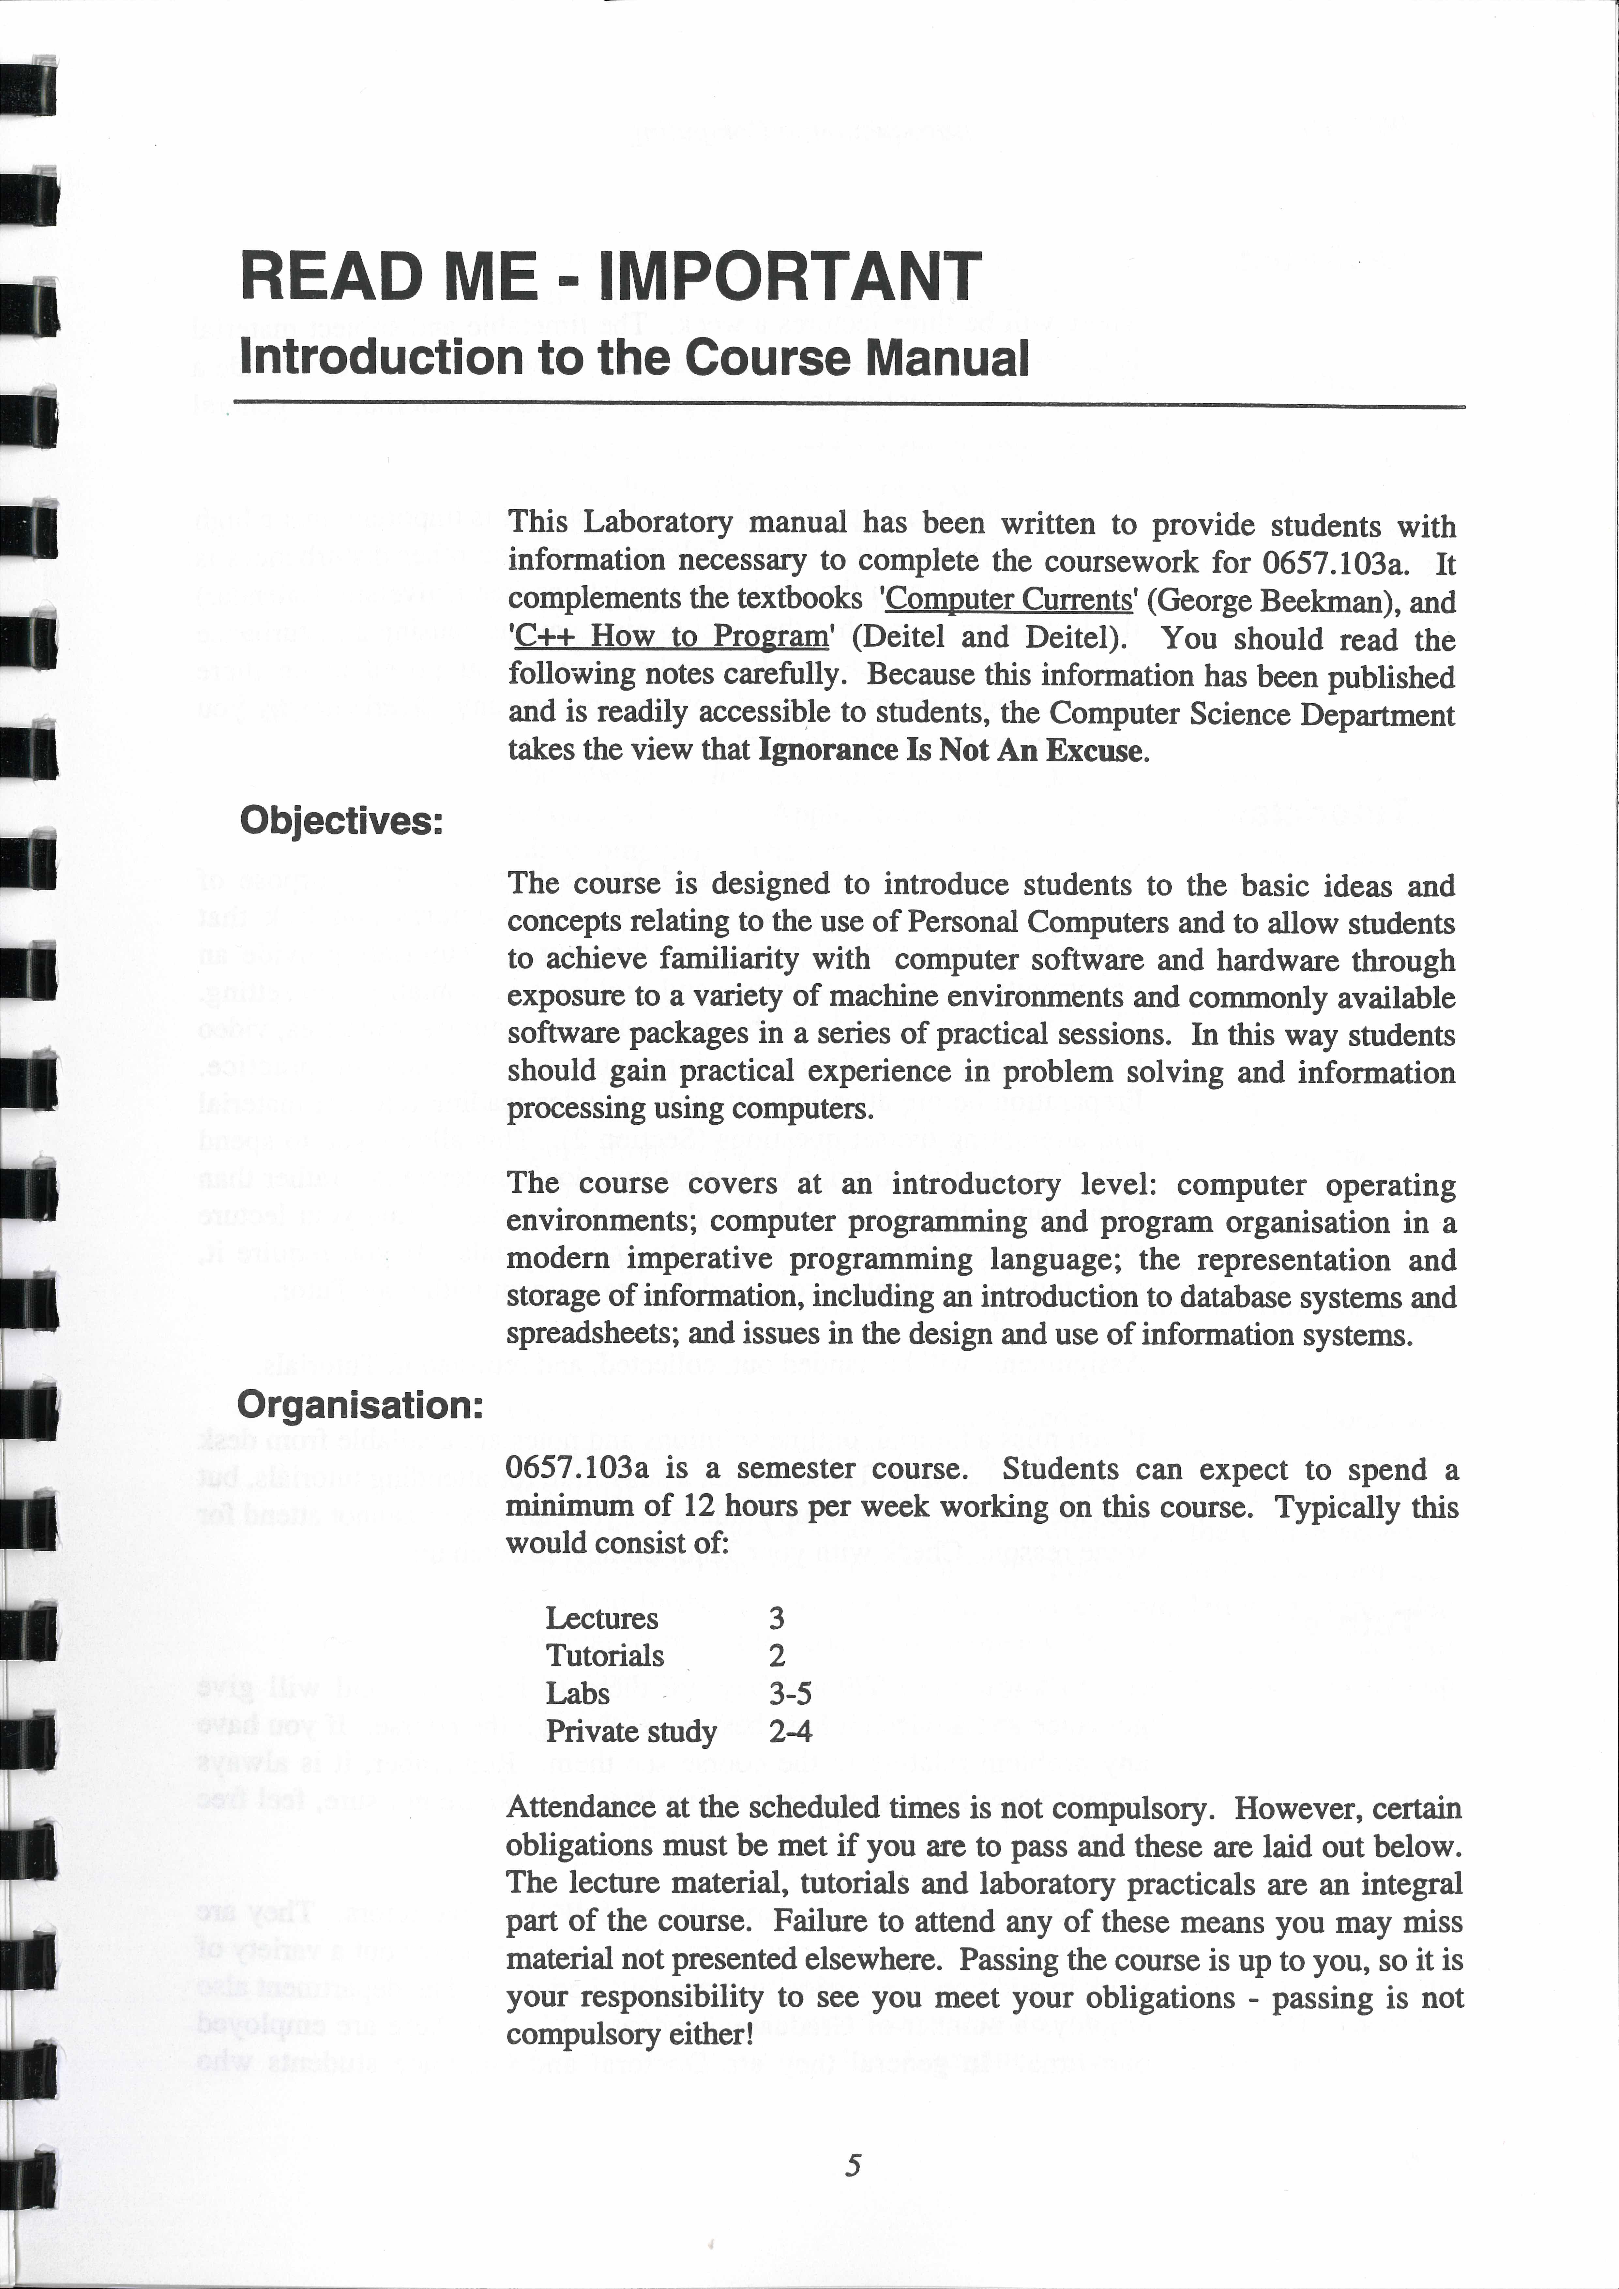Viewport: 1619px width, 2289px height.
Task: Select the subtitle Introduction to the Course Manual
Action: pos(634,358)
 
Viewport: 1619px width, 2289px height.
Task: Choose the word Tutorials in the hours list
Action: pos(604,1656)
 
